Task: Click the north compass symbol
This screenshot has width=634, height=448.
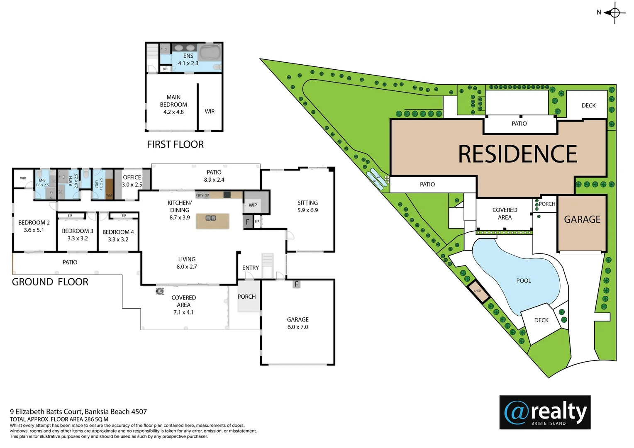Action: click(x=614, y=12)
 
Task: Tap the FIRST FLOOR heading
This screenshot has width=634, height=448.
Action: click(x=175, y=144)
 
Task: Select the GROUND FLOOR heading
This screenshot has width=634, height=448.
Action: click(x=50, y=282)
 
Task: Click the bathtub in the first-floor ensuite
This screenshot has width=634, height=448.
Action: click(x=210, y=53)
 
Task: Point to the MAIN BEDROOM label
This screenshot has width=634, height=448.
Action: click(x=173, y=105)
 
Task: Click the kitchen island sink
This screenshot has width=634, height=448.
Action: click(x=211, y=218)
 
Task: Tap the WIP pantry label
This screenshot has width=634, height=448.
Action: click(x=253, y=205)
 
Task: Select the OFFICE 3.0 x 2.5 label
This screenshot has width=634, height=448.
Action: click(x=132, y=181)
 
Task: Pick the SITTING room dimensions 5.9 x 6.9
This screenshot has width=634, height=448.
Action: click(x=307, y=210)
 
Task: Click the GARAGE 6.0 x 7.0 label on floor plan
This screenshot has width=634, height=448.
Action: click(x=297, y=323)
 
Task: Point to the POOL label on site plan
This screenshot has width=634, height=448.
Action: click(x=524, y=281)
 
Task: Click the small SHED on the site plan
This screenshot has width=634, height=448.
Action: click(x=478, y=291)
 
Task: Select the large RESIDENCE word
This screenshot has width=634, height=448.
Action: click(x=517, y=154)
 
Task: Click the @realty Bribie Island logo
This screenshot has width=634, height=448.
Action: click(x=545, y=412)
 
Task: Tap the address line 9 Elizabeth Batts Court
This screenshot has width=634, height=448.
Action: click(x=78, y=411)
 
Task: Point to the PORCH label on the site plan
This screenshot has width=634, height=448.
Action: click(x=547, y=204)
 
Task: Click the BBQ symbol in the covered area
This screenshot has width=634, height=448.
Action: click(x=160, y=291)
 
